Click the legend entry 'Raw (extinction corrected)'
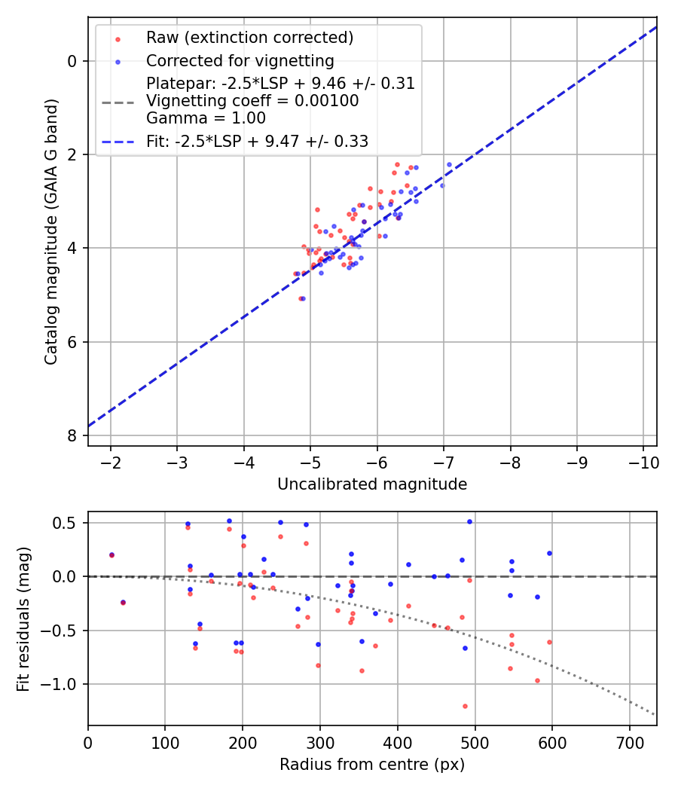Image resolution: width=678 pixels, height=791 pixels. (x=249, y=38)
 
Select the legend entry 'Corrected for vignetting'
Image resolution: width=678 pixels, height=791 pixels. (x=240, y=60)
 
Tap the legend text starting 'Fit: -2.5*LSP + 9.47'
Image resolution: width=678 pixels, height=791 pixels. (x=257, y=141)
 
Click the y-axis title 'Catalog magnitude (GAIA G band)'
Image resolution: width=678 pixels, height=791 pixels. (x=50, y=231)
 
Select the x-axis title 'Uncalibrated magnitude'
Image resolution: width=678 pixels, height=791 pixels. (x=372, y=484)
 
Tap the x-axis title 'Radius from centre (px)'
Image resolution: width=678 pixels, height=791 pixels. (x=372, y=765)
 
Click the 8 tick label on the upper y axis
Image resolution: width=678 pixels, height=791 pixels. (x=72, y=435)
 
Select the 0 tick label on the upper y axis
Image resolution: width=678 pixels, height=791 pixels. (x=72, y=61)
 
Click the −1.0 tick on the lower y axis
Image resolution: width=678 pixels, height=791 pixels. (x=63, y=684)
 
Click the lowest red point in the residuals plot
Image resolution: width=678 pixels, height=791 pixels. (x=465, y=706)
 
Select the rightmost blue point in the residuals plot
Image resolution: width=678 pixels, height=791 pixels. (x=549, y=553)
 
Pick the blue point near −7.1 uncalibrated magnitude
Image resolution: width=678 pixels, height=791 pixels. (x=449, y=164)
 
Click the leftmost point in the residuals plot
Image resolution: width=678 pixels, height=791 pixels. (x=111, y=554)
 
